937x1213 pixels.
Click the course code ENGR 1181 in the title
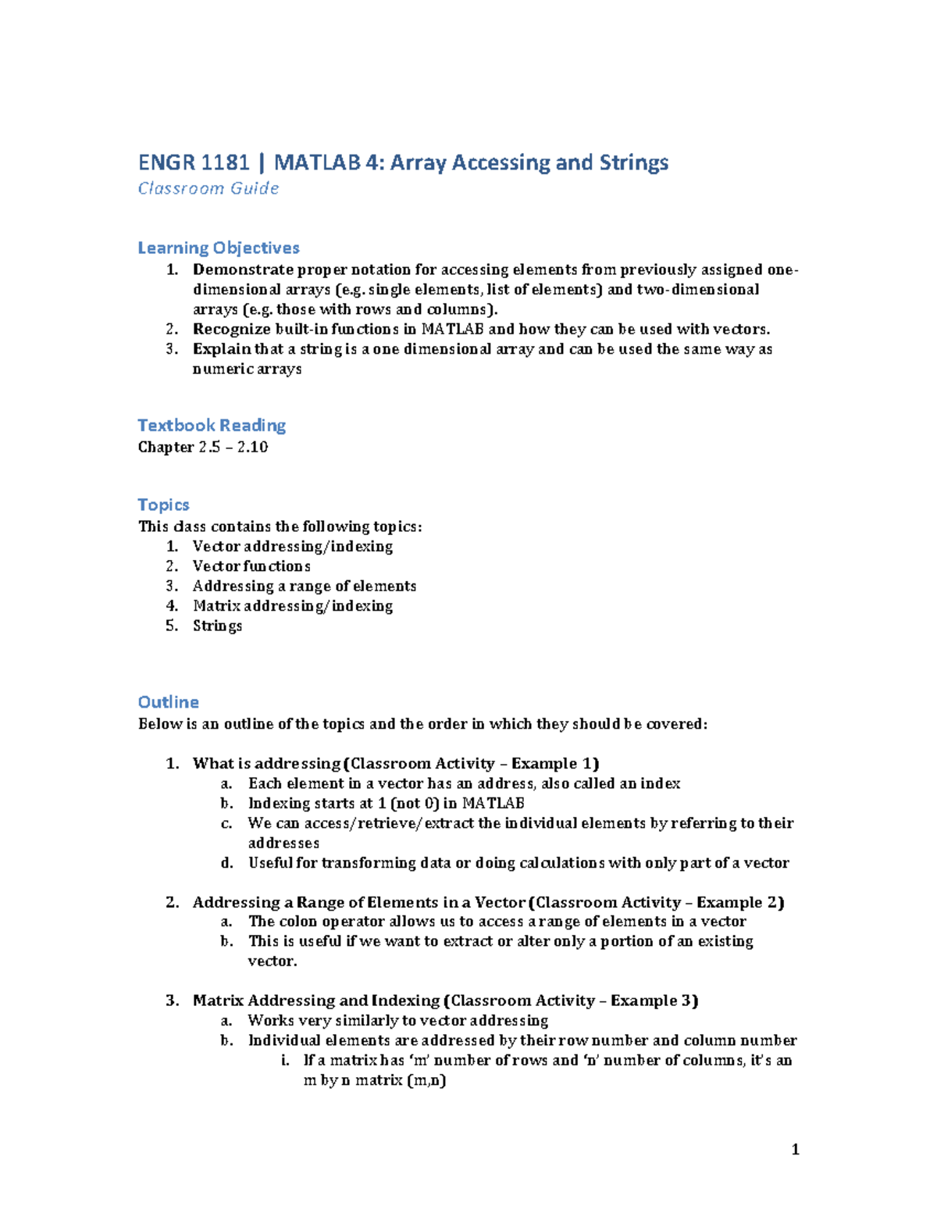click(x=194, y=162)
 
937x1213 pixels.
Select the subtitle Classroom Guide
click(x=208, y=188)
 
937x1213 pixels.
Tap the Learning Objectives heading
click(x=219, y=248)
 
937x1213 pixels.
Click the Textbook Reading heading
click(x=212, y=425)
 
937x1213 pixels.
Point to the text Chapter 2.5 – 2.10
click(x=203, y=447)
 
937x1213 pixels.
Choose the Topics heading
click(x=163, y=505)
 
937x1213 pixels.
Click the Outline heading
click(x=168, y=702)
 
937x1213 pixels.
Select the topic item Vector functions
click(x=251, y=566)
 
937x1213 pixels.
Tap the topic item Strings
click(x=217, y=626)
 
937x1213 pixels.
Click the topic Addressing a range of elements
click(x=305, y=586)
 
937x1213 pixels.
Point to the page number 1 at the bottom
click(x=795, y=1149)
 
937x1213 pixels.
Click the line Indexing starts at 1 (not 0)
click(x=386, y=803)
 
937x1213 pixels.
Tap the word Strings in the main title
click(x=634, y=162)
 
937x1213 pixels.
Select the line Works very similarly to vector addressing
click(x=398, y=1020)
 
